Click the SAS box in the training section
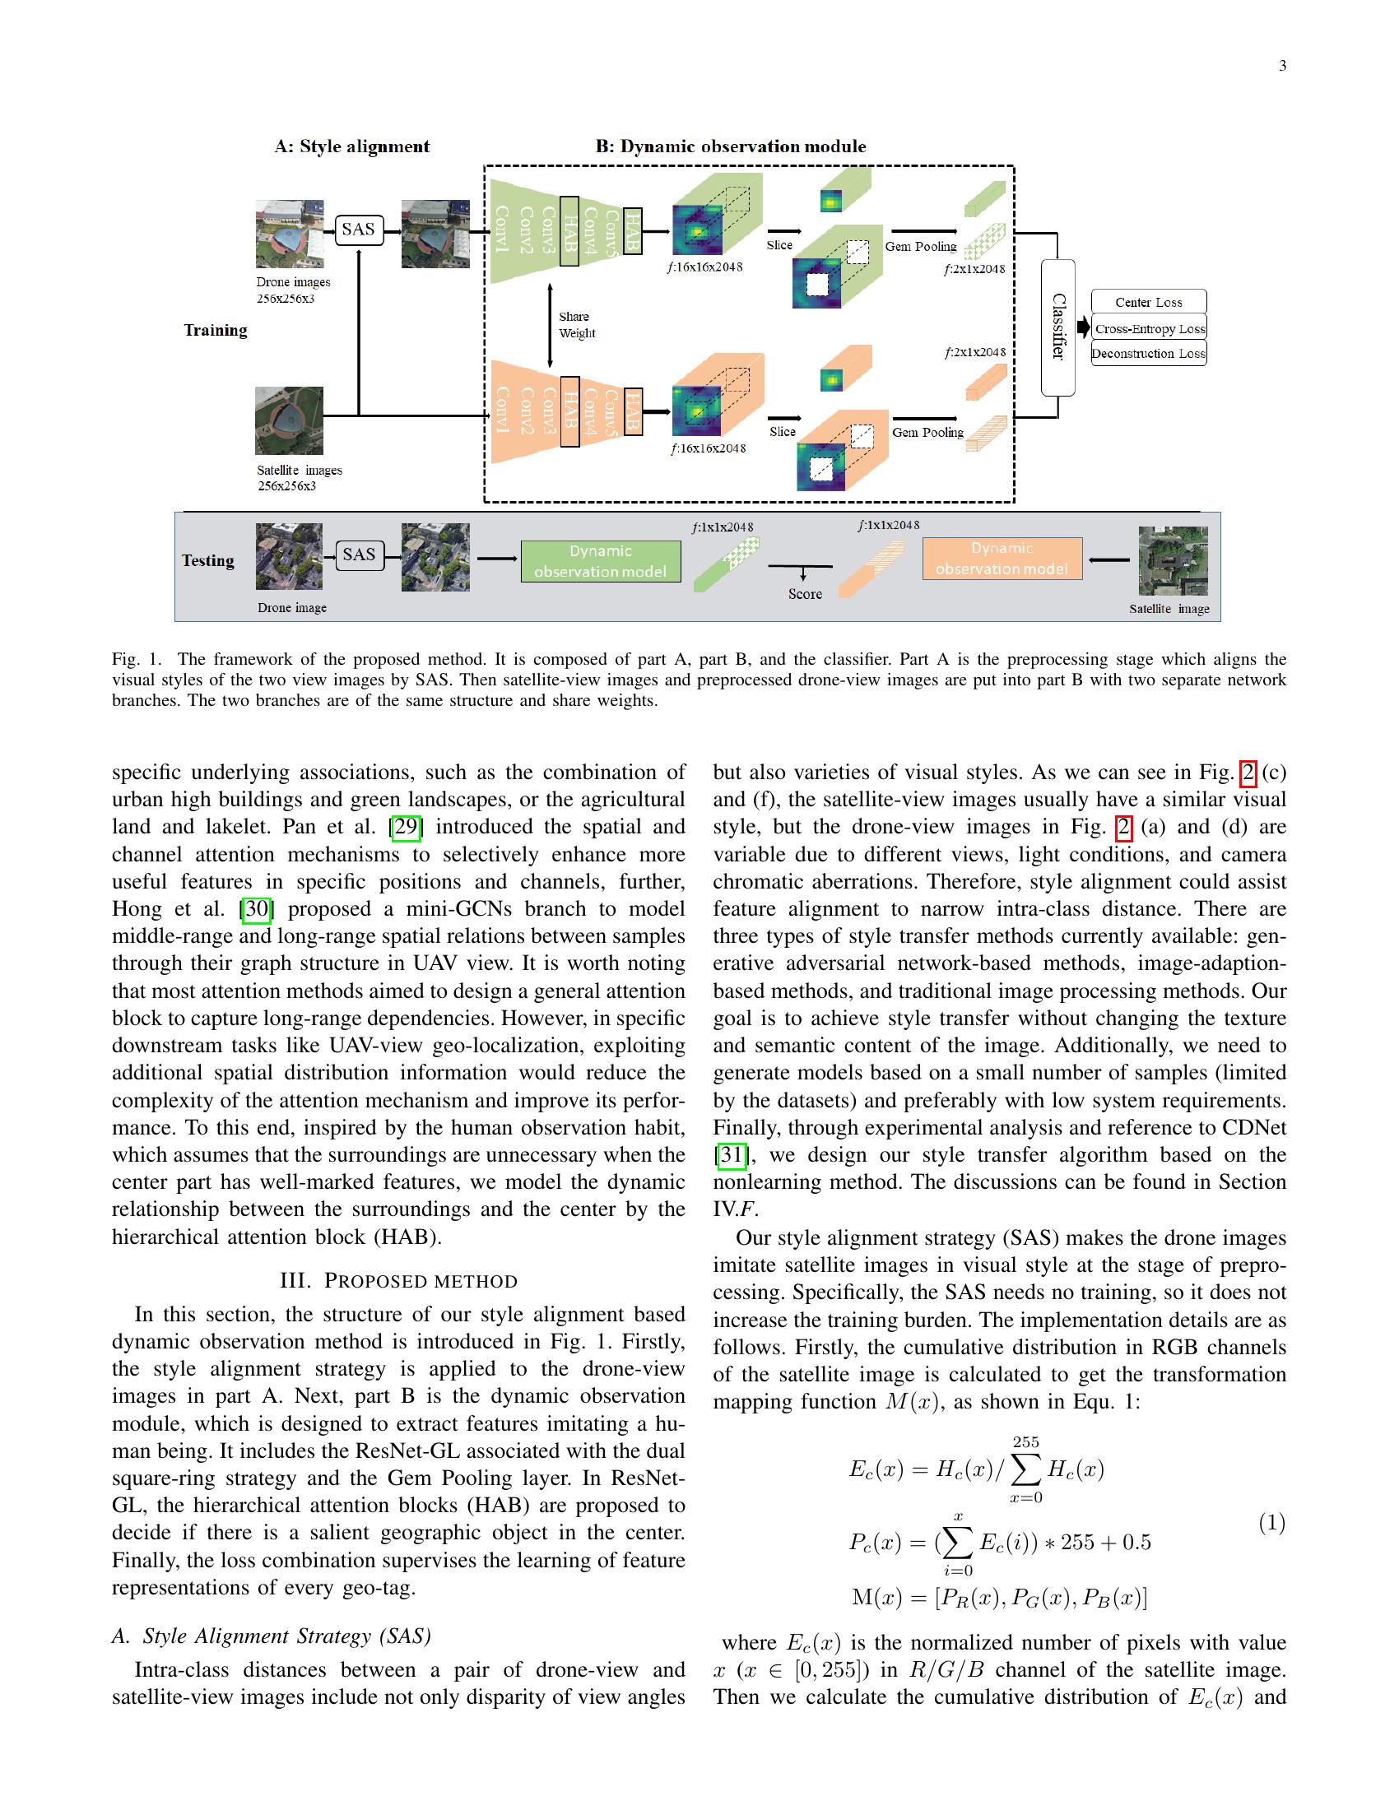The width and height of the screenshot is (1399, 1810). [x=359, y=230]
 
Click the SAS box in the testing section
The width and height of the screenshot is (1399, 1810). [x=360, y=555]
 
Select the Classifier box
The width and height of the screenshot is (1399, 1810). [x=1057, y=327]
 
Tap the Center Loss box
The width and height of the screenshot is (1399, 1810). [x=1148, y=302]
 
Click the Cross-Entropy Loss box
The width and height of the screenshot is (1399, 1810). [x=1149, y=328]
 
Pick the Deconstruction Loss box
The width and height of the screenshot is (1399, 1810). [x=1148, y=354]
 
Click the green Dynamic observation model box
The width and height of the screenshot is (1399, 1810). [x=600, y=561]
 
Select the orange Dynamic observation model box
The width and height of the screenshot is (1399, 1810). [x=1002, y=559]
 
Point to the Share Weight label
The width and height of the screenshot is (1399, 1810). [x=576, y=325]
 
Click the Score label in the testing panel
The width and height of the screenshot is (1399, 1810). [x=805, y=594]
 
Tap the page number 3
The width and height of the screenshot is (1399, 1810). [x=1282, y=67]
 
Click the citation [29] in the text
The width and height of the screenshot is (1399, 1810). [x=406, y=827]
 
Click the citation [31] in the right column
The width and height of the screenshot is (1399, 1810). [x=731, y=1155]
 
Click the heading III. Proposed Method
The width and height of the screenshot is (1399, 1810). [x=398, y=1281]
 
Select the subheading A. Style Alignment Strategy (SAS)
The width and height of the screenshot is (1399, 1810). [x=272, y=1636]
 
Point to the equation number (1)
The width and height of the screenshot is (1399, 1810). [x=1272, y=1522]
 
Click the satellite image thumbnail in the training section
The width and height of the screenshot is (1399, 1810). [x=288, y=421]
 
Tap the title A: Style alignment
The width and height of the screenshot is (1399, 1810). [x=352, y=146]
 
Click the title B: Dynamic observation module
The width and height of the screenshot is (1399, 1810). [x=730, y=146]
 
